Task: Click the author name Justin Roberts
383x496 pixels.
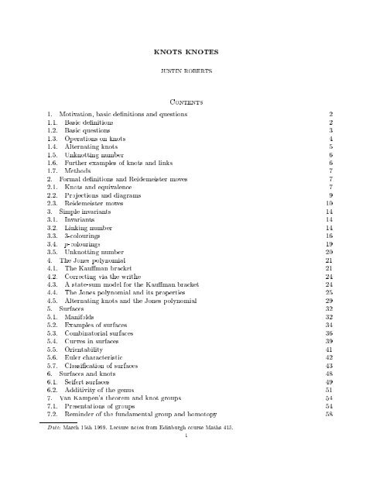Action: click(x=191, y=77)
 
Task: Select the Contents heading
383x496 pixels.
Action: click(x=191, y=101)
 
